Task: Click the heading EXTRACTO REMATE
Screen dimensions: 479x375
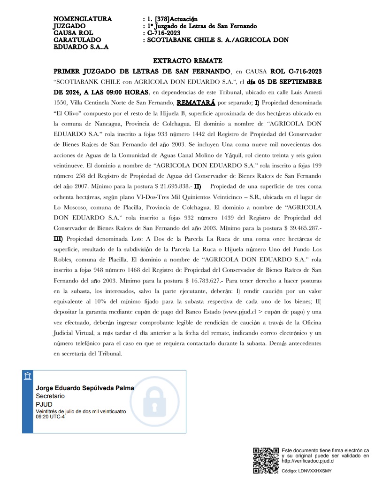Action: click(187, 61)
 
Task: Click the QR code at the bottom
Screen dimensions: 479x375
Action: click(266, 461)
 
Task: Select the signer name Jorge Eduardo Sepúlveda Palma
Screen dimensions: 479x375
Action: click(85, 388)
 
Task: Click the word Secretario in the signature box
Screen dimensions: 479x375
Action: click(50, 396)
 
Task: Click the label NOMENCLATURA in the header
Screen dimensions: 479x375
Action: click(83, 19)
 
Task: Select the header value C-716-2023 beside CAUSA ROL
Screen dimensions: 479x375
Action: click(163, 33)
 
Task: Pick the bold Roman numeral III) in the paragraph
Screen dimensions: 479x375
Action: click(60, 238)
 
